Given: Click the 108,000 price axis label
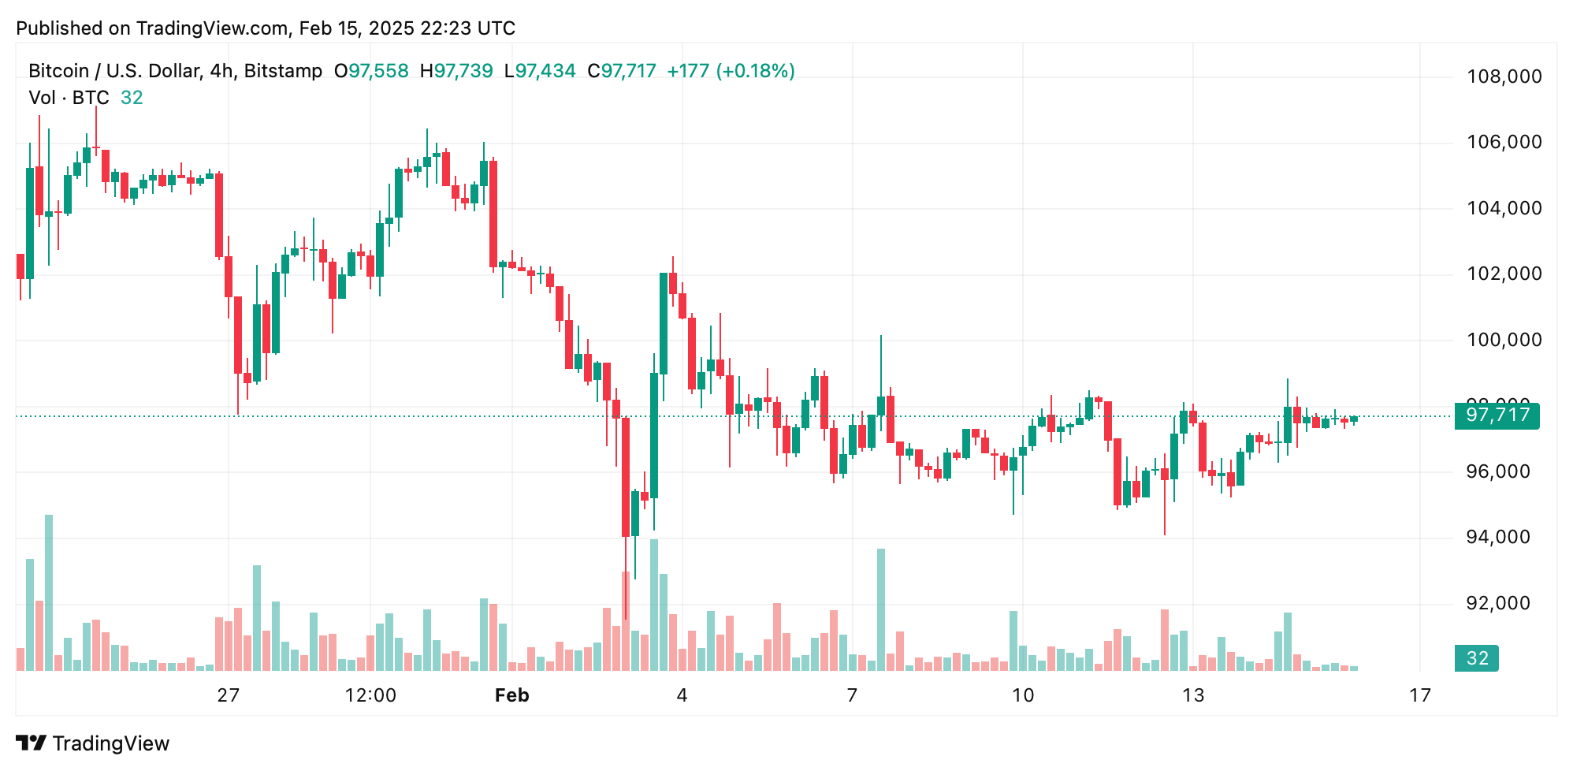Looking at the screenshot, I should click(x=1504, y=76).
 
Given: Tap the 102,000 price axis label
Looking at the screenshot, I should click(x=1504, y=274).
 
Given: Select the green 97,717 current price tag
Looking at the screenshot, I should click(x=1497, y=415).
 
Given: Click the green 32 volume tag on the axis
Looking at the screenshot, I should click(x=1477, y=658).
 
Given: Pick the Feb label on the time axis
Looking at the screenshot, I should click(x=511, y=695).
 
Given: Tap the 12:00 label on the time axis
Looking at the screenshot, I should click(x=370, y=695).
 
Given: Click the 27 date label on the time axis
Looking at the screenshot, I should click(x=228, y=695).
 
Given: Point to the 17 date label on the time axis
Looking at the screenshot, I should click(x=1420, y=695).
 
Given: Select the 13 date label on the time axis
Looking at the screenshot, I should click(x=1193, y=695).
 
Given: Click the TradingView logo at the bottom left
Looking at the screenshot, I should click(x=93, y=743).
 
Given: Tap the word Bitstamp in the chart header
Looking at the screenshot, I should click(x=283, y=71).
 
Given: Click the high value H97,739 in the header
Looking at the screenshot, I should click(x=456, y=71).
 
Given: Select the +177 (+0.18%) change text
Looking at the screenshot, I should click(x=731, y=71).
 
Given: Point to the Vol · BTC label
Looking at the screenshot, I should click(x=69, y=98).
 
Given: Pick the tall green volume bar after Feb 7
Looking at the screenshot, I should click(x=881, y=609).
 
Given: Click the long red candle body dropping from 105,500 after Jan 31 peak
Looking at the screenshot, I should click(x=493, y=214).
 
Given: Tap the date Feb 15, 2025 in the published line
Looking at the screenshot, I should click(x=356, y=28).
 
